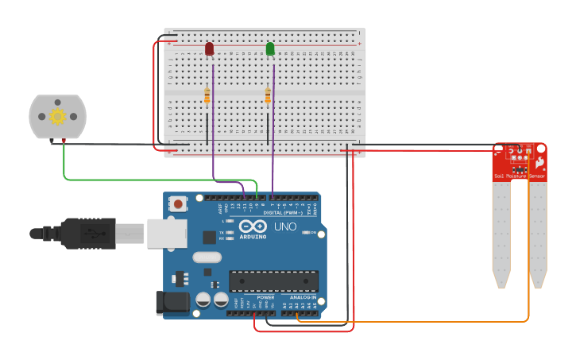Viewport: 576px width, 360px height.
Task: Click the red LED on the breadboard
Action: [x=209, y=49]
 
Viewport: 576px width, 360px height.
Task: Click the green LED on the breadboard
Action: [x=270, y=49]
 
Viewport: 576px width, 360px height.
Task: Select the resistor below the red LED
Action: [x=207, y=96]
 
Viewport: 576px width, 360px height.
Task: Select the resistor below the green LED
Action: [x=268, y=96]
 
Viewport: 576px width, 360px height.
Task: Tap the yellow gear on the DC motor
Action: [x=57, y=116]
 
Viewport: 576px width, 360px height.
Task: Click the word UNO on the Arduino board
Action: [x=285, y=227]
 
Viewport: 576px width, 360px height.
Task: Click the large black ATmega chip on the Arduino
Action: [x=273, y=281]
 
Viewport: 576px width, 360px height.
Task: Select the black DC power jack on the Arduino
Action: [x=173, y=301]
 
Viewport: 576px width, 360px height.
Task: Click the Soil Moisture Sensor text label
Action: [x=520, y=176]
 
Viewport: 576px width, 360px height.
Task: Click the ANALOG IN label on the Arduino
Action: [x=302, y=297]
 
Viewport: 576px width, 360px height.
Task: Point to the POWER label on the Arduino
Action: [x=265, y=297]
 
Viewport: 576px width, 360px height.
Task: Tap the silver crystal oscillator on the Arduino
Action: [x=206, y=257]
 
